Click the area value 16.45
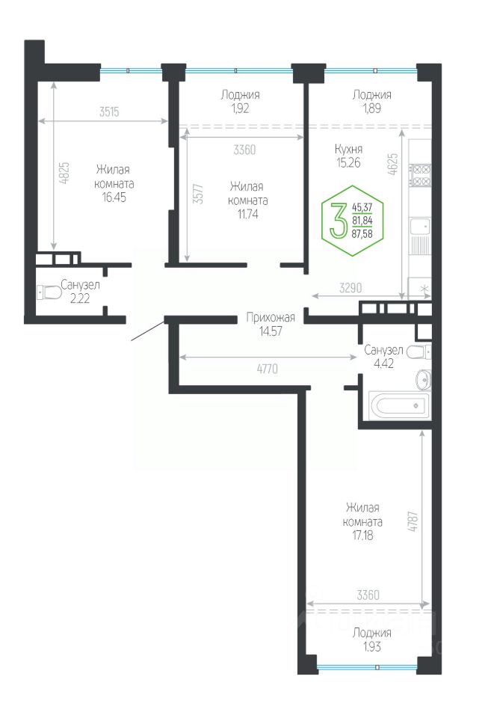click(114, 197)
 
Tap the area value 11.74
click(247, 215)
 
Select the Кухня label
click(349, 149)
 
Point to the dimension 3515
click(109, 111)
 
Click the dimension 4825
click(64, 173)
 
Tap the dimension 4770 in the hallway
click(268, 369)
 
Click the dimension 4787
click(413, 521)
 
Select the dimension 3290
click(351, 288)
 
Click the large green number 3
click(339, 221)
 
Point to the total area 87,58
click(362, 234)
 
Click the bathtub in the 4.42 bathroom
click(399, 405)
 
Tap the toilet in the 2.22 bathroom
click(49, 292)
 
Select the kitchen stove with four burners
click(420, 175)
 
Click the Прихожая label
click(271, 317)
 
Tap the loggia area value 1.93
click(372, 647)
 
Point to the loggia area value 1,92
click(240, 108)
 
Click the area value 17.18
click(362, 536)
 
